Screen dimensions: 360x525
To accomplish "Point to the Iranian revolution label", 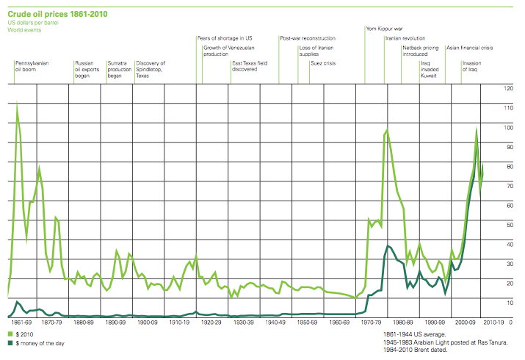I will tap(405, 38).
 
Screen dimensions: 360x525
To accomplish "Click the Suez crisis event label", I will tap(323, 64).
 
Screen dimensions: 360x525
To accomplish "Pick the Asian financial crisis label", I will tap(469, 47).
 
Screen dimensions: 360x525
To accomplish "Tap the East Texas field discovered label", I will tap(250, 66).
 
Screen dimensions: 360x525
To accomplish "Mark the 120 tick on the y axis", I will tap(507, 88).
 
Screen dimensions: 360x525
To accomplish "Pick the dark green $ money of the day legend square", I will tap(10, 343).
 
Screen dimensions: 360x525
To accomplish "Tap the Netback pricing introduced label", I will tap(421, 51).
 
